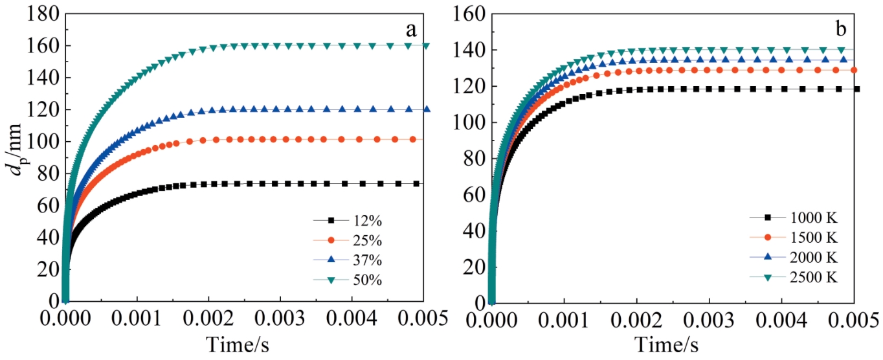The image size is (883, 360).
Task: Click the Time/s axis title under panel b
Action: tap(666, 344)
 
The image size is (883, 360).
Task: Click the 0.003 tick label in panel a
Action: tap(280, 319)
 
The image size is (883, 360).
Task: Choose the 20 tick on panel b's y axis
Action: tap(476, 267)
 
